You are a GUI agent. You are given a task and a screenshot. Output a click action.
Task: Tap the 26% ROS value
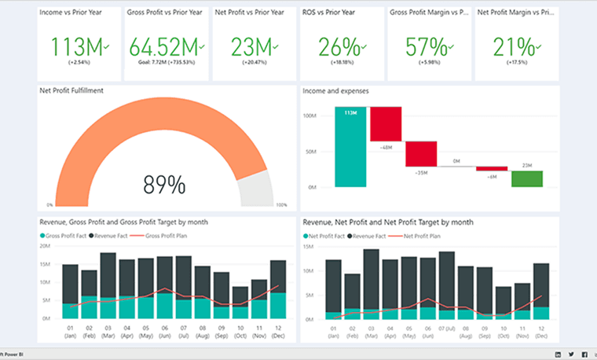pos(341,46)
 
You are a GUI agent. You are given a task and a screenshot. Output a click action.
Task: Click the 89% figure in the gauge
pos(164,185)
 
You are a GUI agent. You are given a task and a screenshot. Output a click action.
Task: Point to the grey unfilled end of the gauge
pos(256,189)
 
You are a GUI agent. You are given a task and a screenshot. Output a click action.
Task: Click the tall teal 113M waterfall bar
pos(350,147)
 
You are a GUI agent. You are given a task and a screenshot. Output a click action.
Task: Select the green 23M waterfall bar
pos(527,178)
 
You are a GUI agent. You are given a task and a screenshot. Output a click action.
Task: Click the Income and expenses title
pos(336,91)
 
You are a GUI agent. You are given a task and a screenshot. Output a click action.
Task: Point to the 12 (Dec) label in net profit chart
pos(541,330)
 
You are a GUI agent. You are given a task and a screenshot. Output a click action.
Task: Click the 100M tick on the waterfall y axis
pos(309,116)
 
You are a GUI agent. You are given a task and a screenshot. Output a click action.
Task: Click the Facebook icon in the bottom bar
pos(584,354)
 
